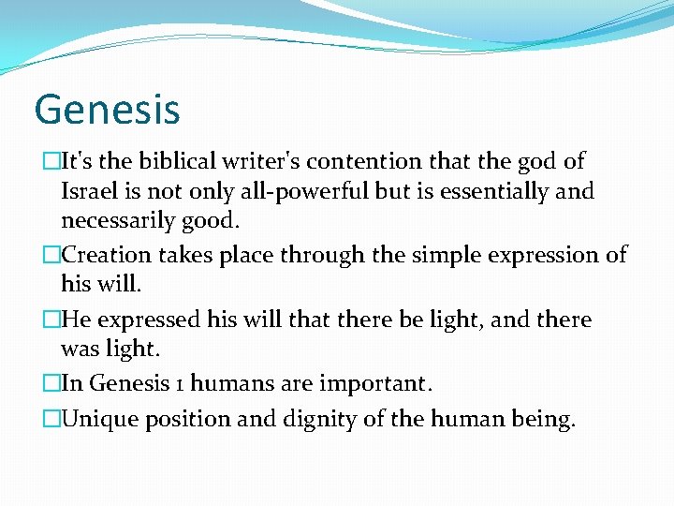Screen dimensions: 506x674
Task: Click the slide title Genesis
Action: point(107,108)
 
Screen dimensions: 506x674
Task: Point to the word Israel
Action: point(87,192)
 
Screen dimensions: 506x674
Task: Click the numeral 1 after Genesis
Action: point(157,384)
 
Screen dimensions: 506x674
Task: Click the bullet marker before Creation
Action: point(51,255)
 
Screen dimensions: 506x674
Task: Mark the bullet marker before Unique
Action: point(51,419)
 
